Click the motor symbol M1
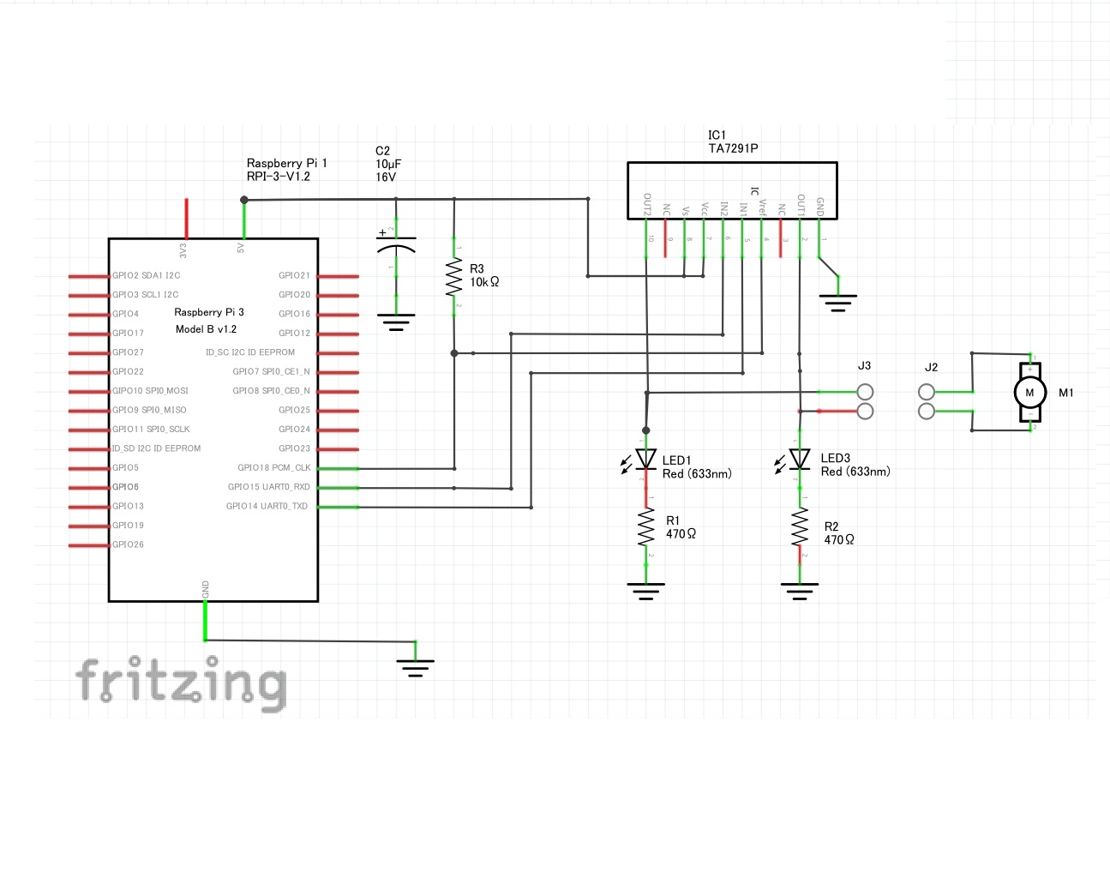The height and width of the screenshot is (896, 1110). [x=1029, y=393]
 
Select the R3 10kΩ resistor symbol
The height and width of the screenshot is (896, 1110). [x=454, y=277]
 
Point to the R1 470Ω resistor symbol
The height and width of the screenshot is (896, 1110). [x=645, y=527]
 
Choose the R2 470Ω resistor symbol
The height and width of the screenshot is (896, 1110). [x=800, y=527]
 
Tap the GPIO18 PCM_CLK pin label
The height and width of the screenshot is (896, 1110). [x=274, y=468]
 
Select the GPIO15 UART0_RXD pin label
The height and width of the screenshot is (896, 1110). [x=269, y=487]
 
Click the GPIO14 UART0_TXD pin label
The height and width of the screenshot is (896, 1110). [x=267, y=506]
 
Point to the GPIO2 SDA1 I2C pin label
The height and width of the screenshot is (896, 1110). [x=147, y=275]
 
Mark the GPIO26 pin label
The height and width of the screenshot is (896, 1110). [x=129, y=544]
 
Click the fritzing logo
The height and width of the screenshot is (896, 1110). [x=181, y=683]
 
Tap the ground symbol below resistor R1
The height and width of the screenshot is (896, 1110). [x=645, y=590]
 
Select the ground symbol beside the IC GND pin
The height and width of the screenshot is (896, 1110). [x=837, y=301]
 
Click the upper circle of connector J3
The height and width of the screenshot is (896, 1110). [x=866, y=392]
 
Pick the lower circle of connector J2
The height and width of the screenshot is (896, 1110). [x=926, y=412]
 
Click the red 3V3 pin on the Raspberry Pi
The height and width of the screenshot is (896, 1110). [x=186, y=219]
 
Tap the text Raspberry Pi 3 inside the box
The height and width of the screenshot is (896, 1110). [x=209, y=312]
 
